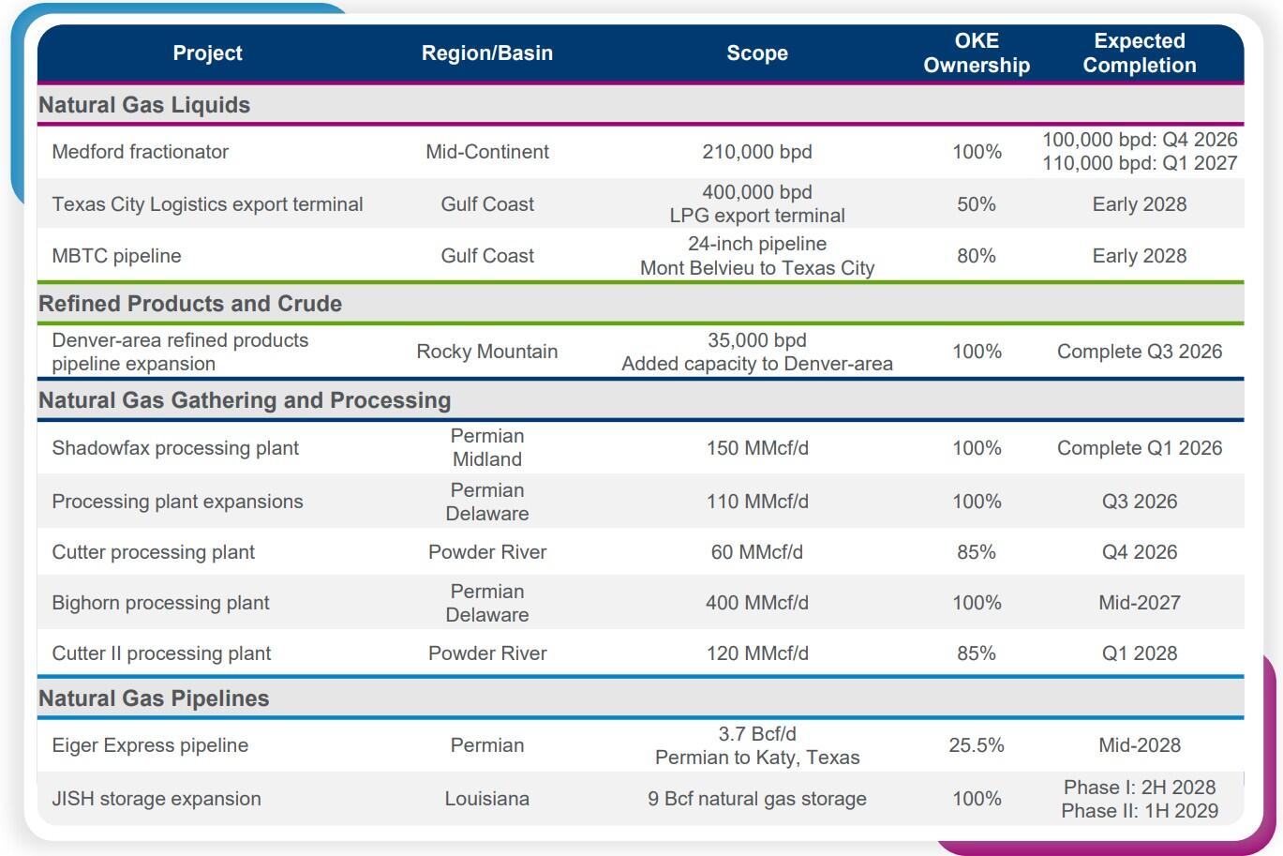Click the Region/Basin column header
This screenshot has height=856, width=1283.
486,53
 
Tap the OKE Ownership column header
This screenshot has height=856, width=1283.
977,53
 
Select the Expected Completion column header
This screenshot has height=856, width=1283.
1140,53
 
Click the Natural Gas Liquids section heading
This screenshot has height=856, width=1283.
144,105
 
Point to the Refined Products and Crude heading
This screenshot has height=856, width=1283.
190,304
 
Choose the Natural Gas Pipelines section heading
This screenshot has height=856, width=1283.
154,698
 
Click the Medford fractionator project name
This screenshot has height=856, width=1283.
141,152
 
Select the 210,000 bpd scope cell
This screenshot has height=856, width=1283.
757,152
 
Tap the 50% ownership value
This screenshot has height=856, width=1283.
977,204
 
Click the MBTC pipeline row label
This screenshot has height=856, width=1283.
116,256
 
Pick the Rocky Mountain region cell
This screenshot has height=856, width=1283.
486,352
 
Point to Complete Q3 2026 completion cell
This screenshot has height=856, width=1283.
1140,352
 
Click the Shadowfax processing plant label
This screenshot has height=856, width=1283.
175,448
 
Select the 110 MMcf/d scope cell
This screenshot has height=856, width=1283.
757,502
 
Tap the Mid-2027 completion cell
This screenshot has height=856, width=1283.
1140,603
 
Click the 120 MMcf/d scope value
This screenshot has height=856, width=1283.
757,653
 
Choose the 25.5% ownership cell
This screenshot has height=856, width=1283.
977,744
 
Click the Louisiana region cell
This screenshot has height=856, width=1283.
486,799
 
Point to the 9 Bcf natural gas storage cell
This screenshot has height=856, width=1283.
757,799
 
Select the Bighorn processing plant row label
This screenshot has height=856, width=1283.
160,603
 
